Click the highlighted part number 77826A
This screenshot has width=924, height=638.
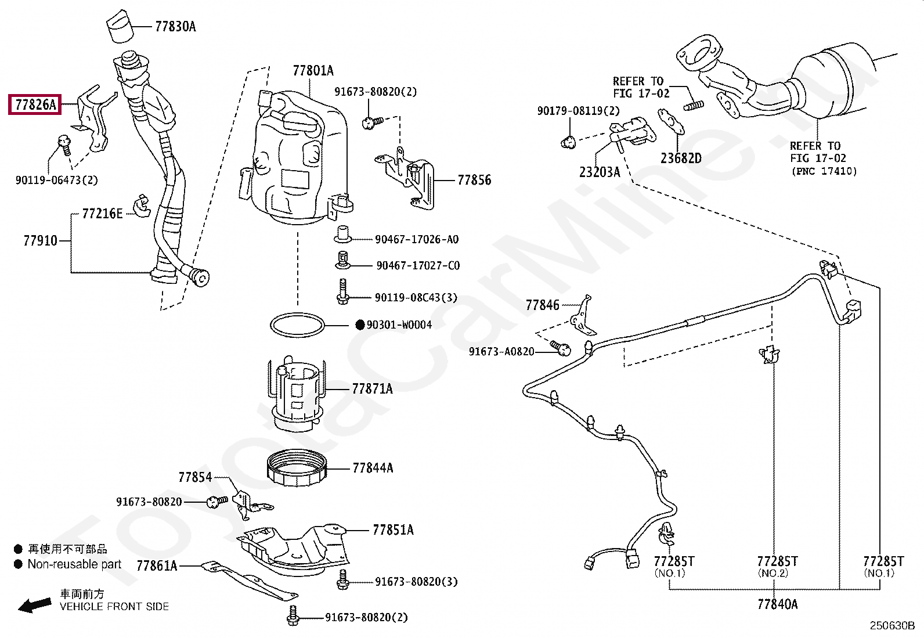(35, 105)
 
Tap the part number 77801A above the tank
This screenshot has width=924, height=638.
(313, 71)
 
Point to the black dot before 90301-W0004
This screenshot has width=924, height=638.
(359, 325)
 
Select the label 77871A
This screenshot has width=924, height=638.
(372, 389)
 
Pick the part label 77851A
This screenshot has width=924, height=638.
(393, 530)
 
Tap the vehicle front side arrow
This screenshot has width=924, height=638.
(33, 605)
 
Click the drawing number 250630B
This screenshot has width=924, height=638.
(891, 626)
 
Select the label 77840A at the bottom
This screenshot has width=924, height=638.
(777, 604)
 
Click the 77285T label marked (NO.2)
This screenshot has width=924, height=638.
(777, 561)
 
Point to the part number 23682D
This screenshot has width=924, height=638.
(680, 158)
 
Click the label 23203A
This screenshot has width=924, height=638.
(600, 172)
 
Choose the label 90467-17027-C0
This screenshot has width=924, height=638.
(418, 266)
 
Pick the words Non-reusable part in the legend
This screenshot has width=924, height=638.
(75, 564)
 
